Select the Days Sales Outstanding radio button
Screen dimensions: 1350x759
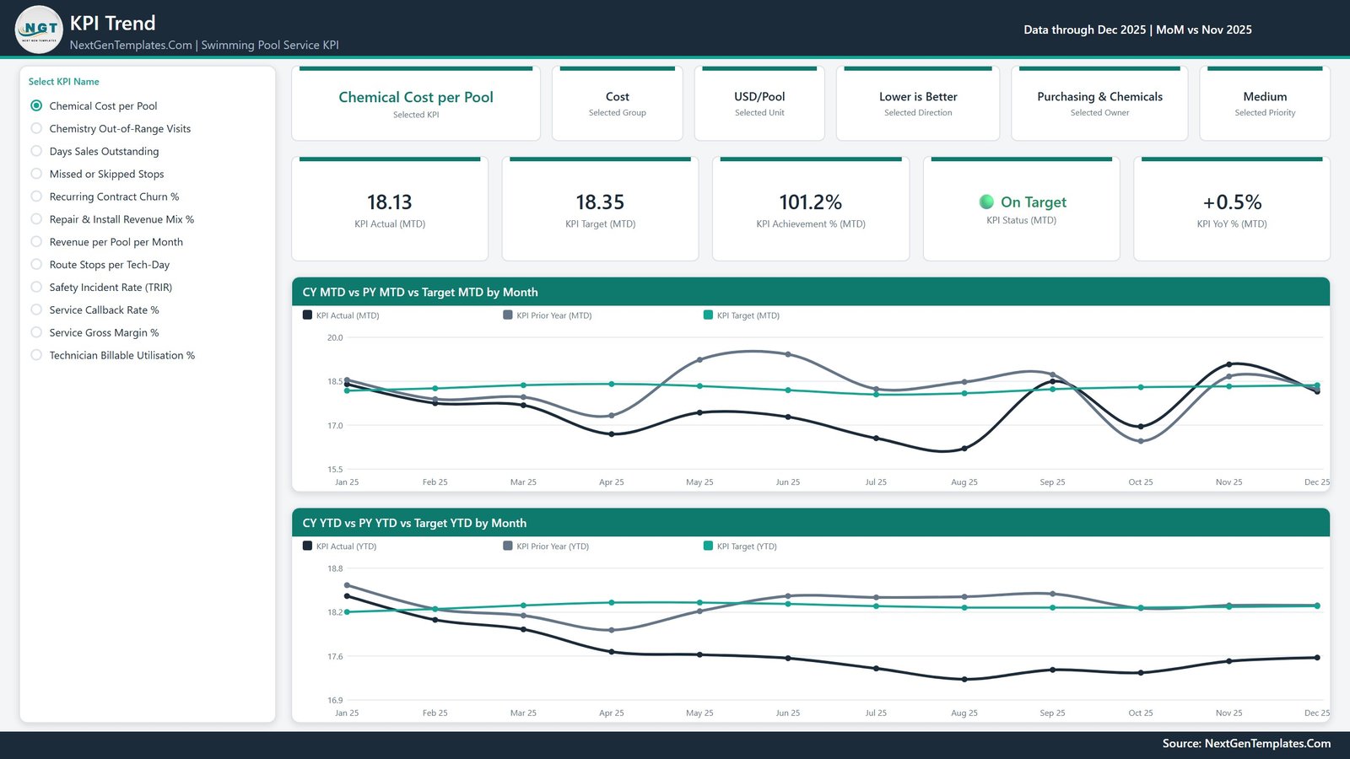tap(36, 151)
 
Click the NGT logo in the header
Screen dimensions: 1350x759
tap(39, 30)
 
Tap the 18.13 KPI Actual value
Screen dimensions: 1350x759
tap(389, 202)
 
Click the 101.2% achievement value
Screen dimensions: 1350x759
tap(811, 202)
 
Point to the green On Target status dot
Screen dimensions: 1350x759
tap(986, 202)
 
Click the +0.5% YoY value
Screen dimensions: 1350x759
tap(1232, 202)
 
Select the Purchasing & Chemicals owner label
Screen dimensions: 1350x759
tap(1100, 96)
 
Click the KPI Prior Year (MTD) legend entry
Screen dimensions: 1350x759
tap(548, 315)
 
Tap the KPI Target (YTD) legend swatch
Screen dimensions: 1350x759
tap(708, 546)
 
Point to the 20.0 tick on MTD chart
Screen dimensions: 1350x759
tap(335, 337)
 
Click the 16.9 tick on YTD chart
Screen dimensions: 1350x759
tap(335, 700)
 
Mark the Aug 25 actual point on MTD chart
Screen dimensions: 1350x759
tap(964, 449)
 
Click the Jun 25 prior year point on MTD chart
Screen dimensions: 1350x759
tap(788, 354)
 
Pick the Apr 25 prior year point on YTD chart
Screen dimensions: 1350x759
tap(612, 630)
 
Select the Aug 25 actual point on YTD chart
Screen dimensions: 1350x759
tap(964, 680)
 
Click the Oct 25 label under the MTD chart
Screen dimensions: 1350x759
tap(1140, 482)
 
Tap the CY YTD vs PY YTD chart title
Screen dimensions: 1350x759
tap(414, 523)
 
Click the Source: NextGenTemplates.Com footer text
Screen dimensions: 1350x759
tap(1246, 743)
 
